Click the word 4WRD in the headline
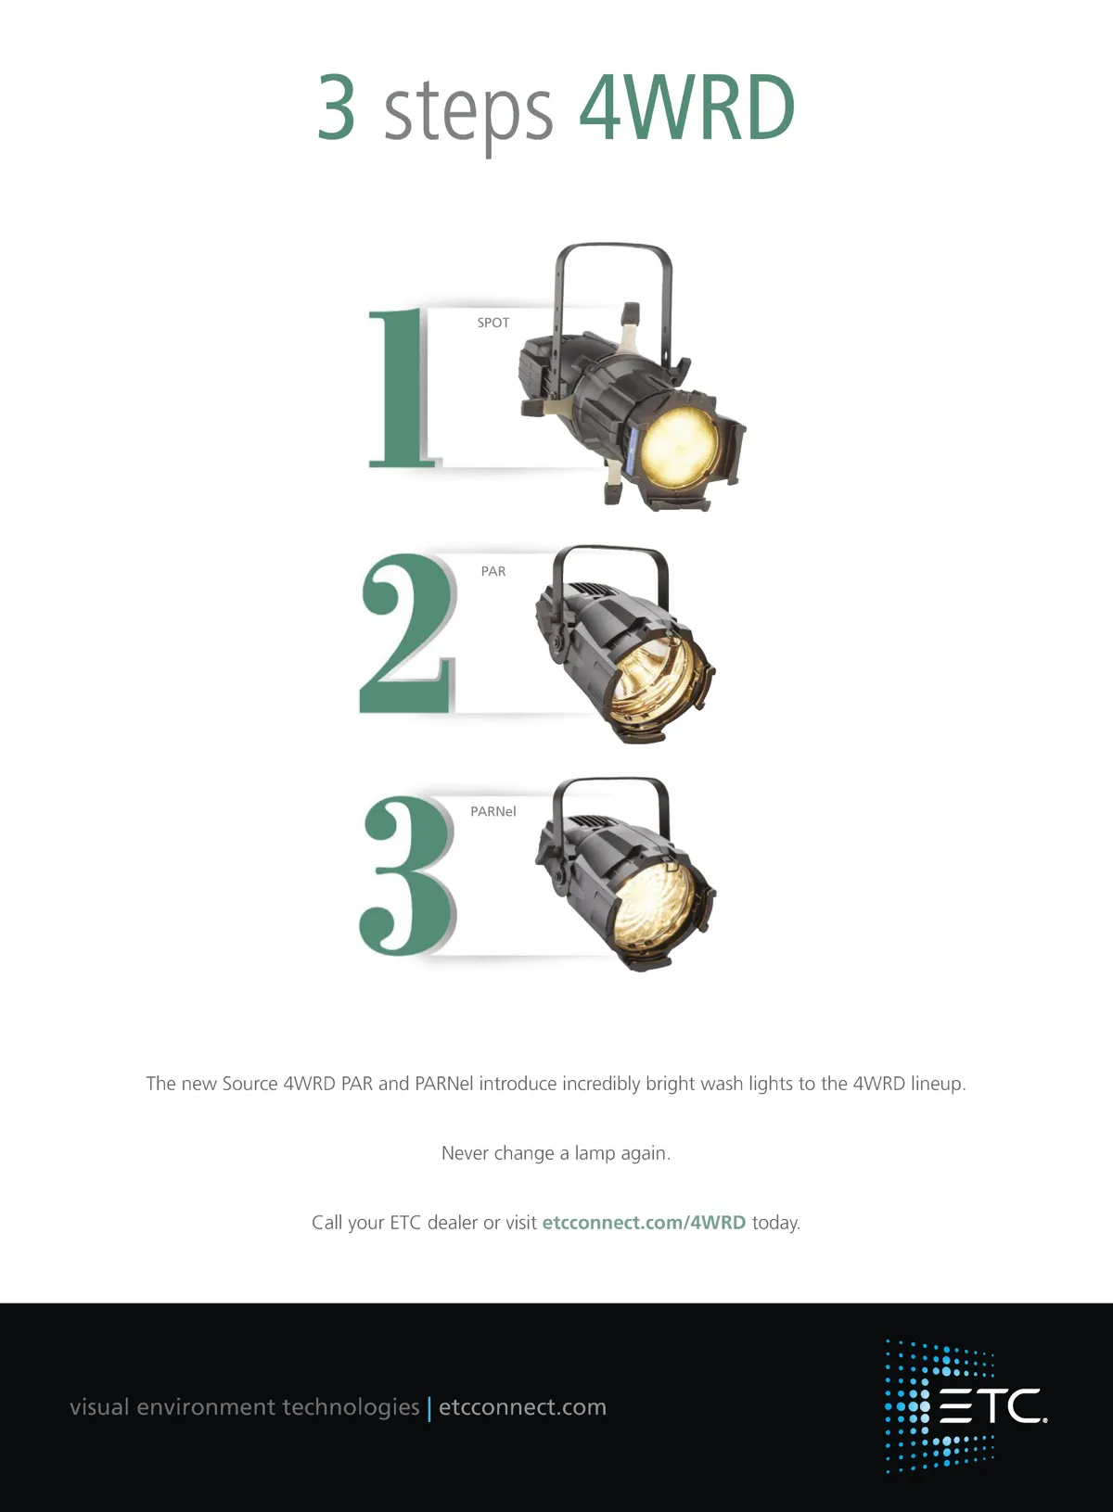(687, 108)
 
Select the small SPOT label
(493, 323)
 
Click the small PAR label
(493, 571)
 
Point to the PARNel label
(493, 811)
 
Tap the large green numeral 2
(405, 633)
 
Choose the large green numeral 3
(406, 875)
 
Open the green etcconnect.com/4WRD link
(644, 1223)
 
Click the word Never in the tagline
(467, 1153)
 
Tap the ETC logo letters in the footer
(992, 1406)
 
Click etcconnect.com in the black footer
(523, 1407)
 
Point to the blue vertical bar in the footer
(429, 1409)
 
